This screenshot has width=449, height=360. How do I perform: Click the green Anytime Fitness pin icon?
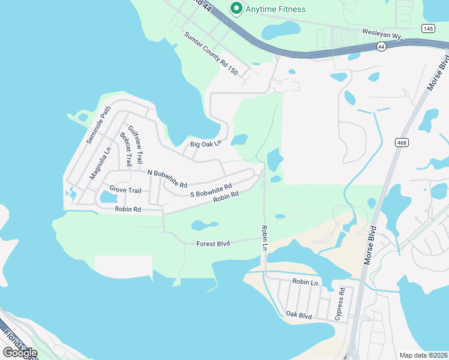[237, 8]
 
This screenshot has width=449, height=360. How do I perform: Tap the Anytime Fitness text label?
[276, 9]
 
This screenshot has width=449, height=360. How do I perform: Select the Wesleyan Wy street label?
[381, 36]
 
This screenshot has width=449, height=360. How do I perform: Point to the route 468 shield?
[402, 142]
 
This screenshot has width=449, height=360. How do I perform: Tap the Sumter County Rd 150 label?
[211, 54]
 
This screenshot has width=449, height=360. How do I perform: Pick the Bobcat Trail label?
[125, 149]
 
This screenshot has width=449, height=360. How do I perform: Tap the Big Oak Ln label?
[206, 144]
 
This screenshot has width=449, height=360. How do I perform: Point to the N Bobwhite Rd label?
[167, 178]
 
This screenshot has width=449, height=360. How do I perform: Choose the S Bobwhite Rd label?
[210, 190]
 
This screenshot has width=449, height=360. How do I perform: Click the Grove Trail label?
[125, 191]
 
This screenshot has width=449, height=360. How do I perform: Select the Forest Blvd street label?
[213, 244]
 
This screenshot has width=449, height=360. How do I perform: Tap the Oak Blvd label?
[298, 314]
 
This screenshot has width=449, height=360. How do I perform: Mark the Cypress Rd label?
[340, 304]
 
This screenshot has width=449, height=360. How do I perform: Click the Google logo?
[20, 352]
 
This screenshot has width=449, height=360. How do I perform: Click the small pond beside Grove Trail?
[109, 196]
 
